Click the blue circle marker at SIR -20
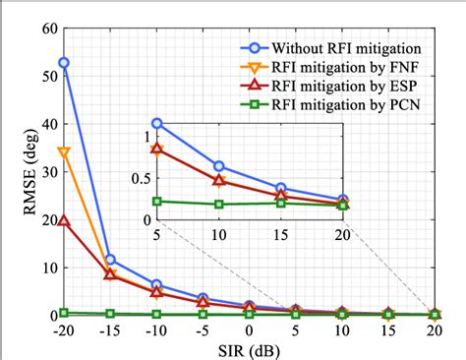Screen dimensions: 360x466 click(x=64, y=63)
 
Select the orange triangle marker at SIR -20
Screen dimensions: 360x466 click(x=64, y=152)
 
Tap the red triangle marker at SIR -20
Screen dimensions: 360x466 click(x=64, y=221)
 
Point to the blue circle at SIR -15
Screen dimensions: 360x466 click(x=110, y=260)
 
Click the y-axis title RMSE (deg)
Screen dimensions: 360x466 click(x=19, y=171)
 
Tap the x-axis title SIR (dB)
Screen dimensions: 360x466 click(x=248, y=350)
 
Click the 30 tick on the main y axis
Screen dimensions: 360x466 click(x=47, y=171)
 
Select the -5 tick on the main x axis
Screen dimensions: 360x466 click(x=203, y=331)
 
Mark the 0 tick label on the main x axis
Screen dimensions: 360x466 click(x=249, y=331)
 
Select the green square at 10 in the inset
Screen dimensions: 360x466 click(x=219, y=204)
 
